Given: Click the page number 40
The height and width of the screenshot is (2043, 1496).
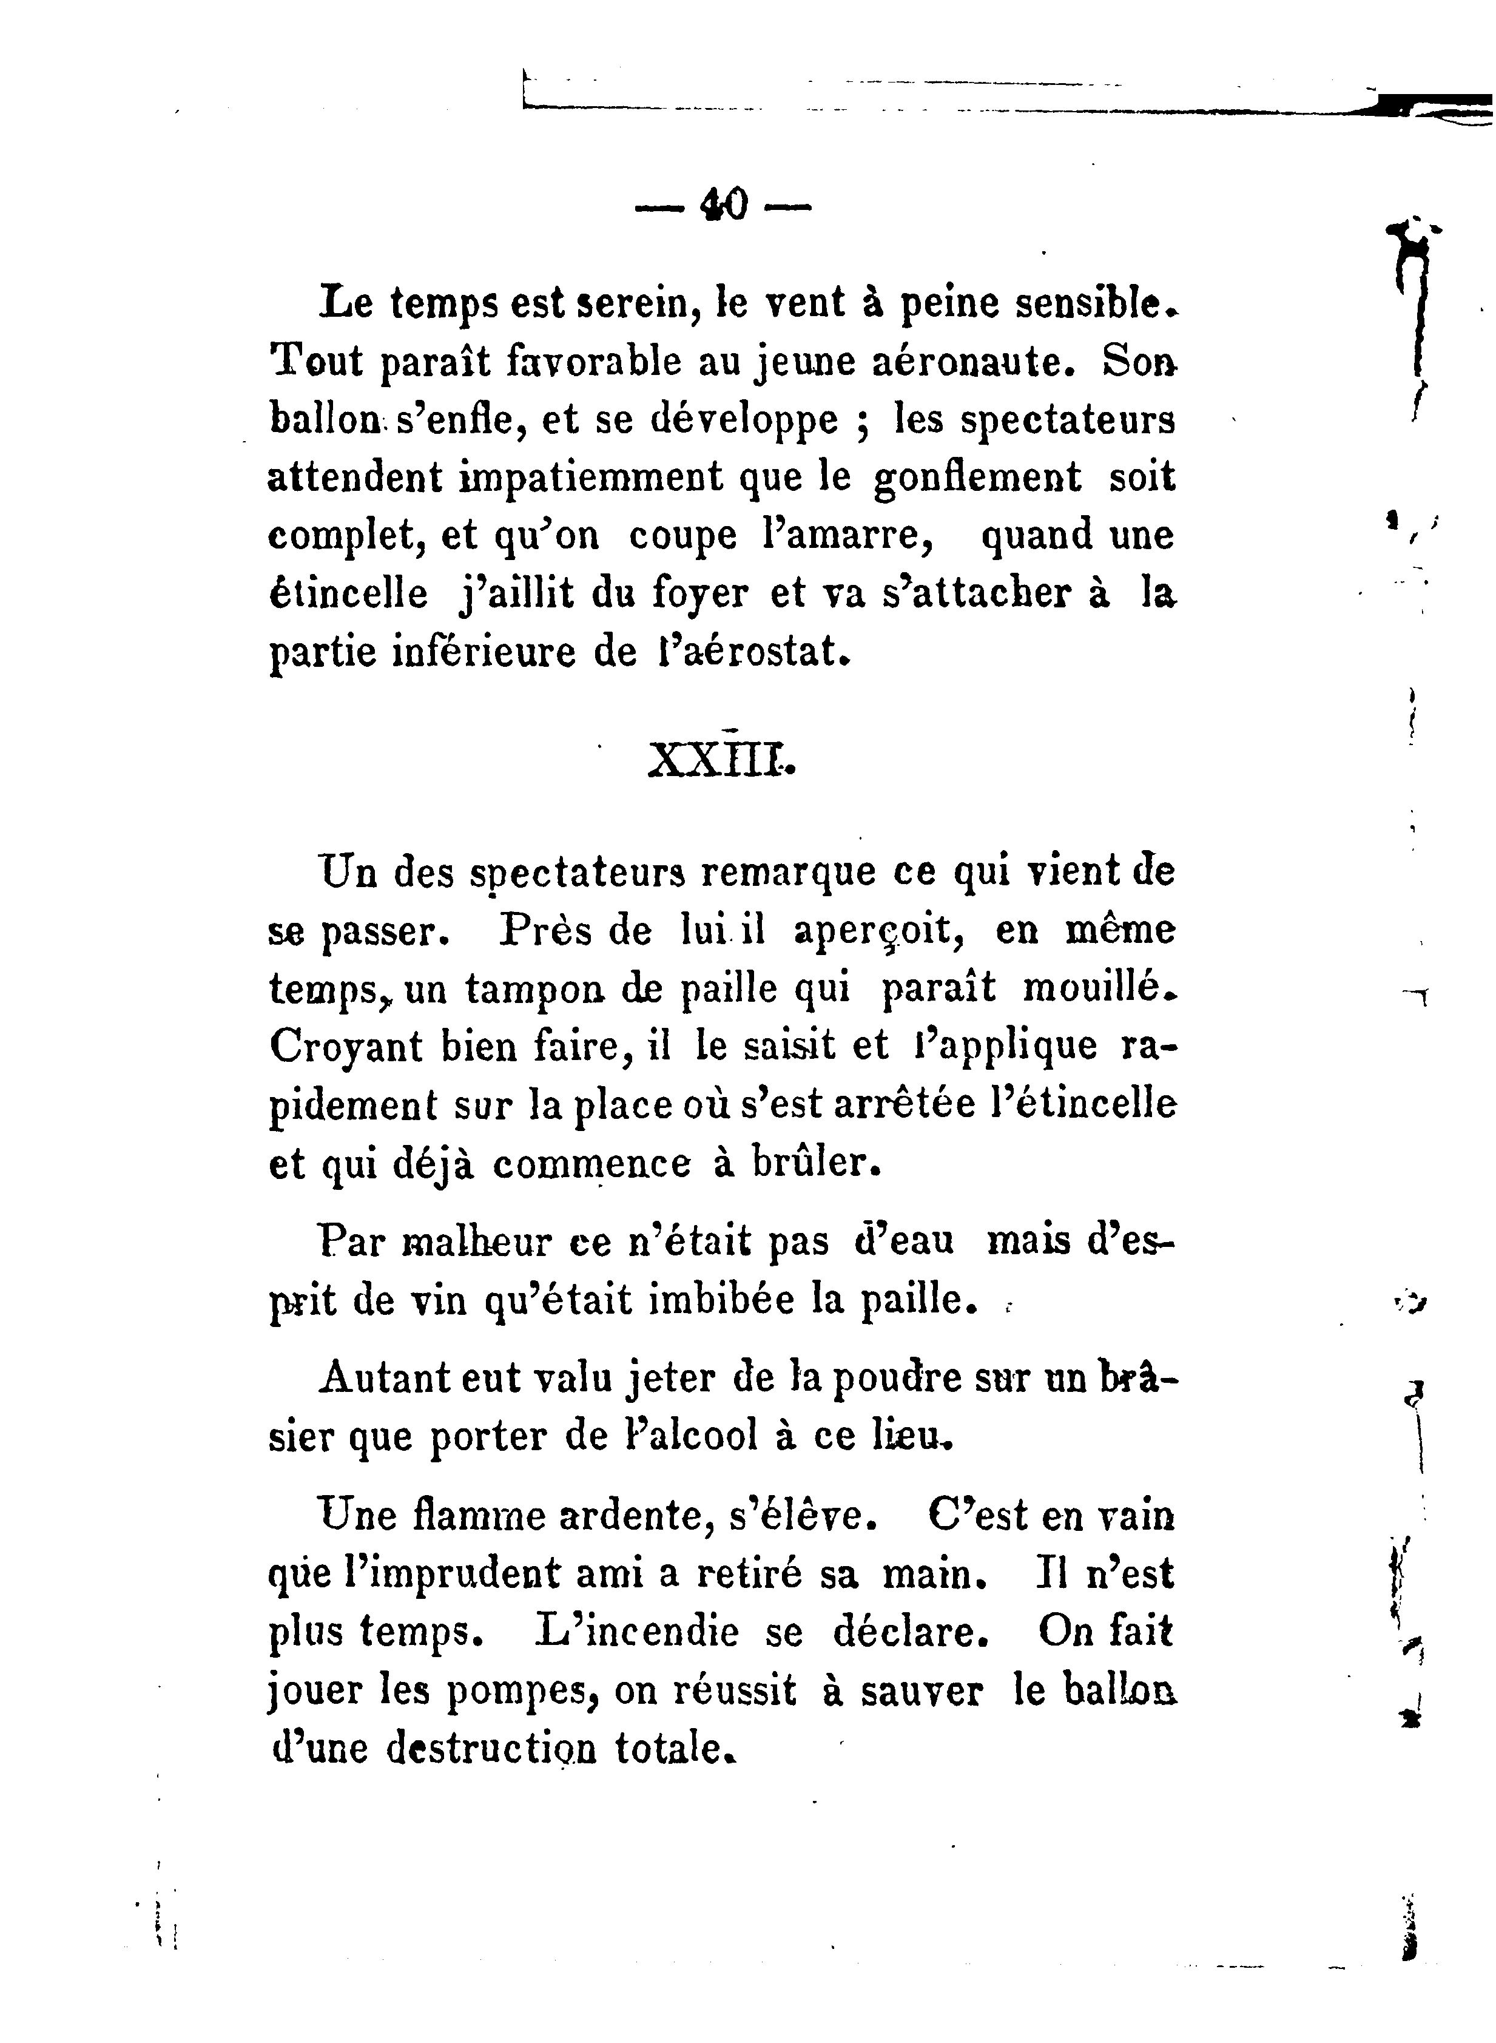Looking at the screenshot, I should pos(724,204).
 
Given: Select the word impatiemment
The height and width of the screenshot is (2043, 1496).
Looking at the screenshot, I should pos(592,476).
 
